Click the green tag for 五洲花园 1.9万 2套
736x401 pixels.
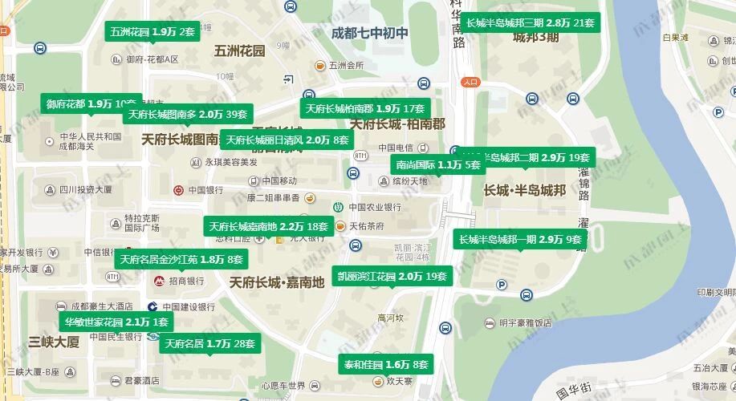(x=152, y=32)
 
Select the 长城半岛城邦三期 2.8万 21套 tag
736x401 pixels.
(x=530, y=22)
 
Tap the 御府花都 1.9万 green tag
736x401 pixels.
(x=91, y=103)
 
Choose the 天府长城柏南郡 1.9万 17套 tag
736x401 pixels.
(x=365, y=108)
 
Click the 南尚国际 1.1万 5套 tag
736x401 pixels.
(x=438, y=164)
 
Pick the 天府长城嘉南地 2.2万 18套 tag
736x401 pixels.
(x=269, y=226)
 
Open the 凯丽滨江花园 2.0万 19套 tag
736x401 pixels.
(x=392, y=277)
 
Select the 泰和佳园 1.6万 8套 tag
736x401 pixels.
(x=386, y=364)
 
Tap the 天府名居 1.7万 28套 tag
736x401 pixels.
(x=210, y=344)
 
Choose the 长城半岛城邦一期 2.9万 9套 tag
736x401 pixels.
(x=520, y=239)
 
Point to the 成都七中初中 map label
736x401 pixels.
(x=370, y=33)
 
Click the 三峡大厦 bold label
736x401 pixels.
(x=54, y=342)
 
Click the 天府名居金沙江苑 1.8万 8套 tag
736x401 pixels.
(x=181, y=259)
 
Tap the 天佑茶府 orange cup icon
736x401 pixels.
(x=340, y=226)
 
